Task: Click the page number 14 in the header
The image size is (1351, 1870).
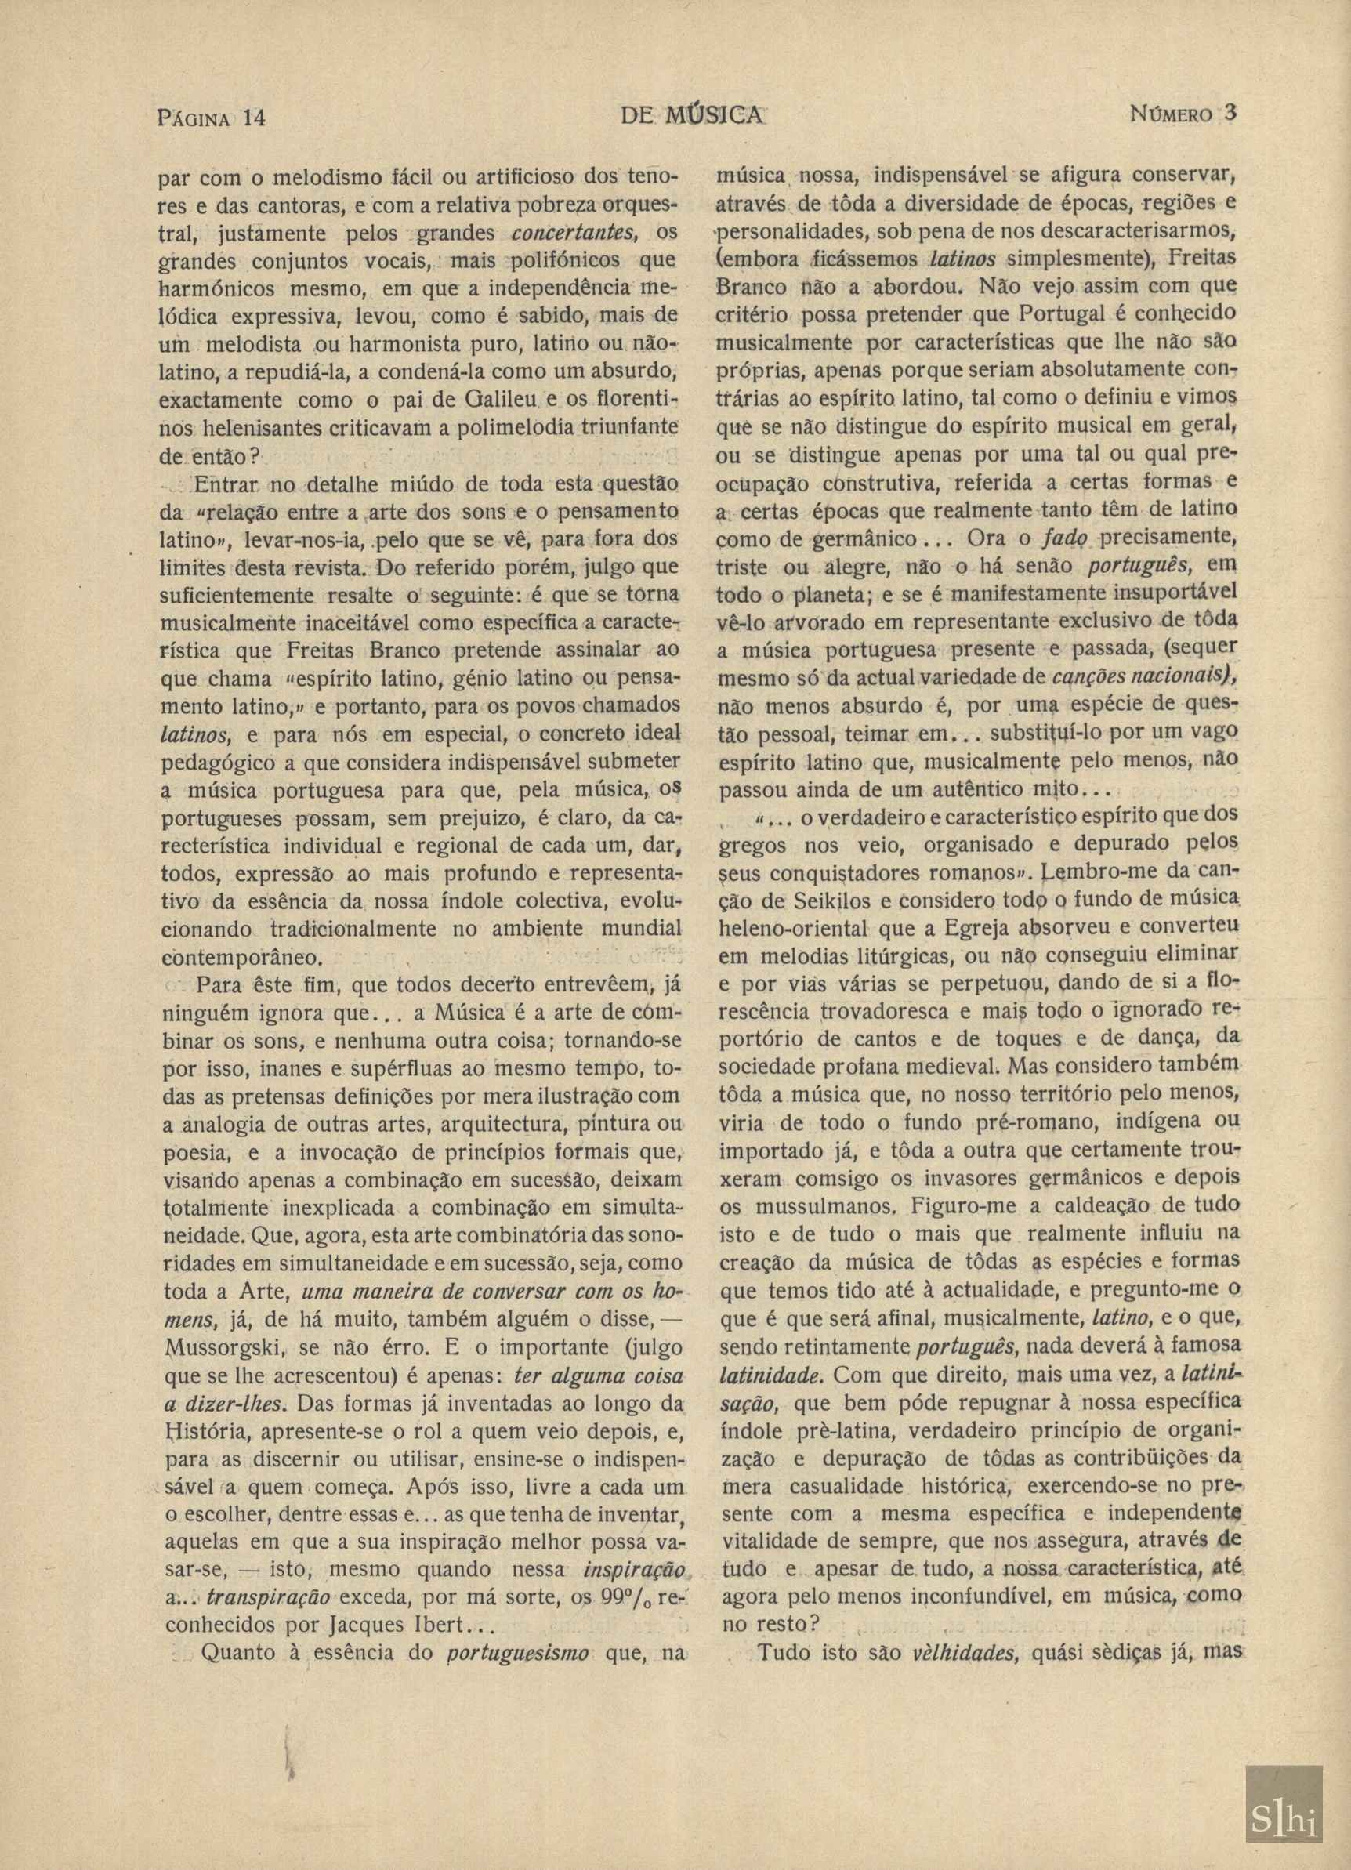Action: point(252,117)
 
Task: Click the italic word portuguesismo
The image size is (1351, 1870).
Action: point(518,1629)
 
